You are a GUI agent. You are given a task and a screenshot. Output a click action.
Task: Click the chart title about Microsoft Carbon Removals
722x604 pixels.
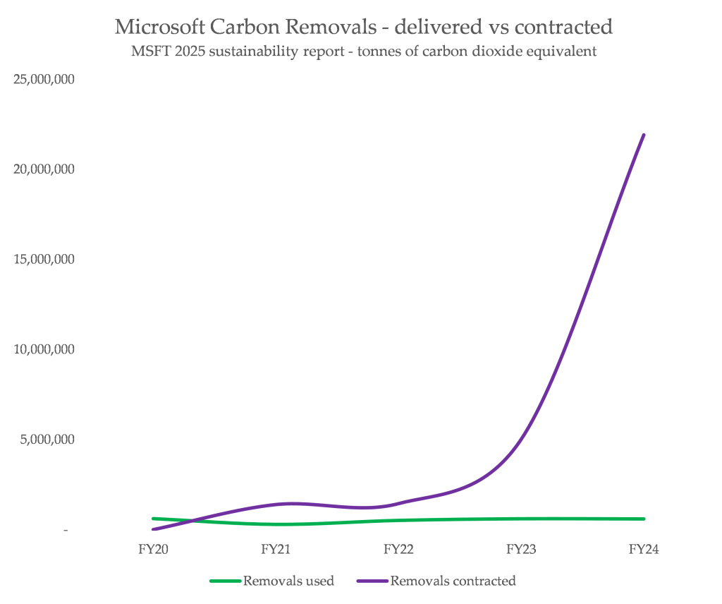pyautogui.click(x=363, y=28)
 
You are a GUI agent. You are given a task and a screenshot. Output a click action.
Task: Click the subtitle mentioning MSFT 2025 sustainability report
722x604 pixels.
pyautogui.click(x=363, y=52)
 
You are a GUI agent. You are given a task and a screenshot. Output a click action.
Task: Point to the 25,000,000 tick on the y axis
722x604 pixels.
pyautogui.click(x=44, y=79)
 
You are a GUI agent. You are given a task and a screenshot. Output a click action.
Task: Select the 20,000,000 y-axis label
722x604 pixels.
pyautogui.click(x=44, y=169)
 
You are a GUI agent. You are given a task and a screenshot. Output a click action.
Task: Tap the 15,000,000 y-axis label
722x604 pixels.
pyautogui.click(x=44, y=259)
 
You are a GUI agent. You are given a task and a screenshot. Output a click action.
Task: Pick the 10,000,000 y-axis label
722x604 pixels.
pyautogui.click(x=44, y=349)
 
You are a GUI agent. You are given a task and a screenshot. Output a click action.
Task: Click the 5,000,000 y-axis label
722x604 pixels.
pyautogui.click(x=47, y=439)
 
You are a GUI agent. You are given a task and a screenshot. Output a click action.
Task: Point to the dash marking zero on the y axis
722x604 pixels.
pyautogui.click(x=66, y=530)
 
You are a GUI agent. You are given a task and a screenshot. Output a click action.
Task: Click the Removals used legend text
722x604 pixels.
pyautogui.click(x=288, y=581)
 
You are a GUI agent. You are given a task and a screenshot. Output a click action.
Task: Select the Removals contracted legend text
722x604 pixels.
pyautogui.click(x=453, y=581)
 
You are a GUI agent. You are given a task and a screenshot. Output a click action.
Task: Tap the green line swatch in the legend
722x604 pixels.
pyautogui.click(x=226, y=581)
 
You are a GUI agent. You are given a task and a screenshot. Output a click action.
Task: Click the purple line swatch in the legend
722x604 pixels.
pyautogui.click(x=373, y=581)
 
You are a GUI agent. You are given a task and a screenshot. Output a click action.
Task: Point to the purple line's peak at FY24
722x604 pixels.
pyautogui.click(x=644, y=135)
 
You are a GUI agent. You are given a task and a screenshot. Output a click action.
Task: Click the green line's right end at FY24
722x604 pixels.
pyautogui.click(x=644, y=519)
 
